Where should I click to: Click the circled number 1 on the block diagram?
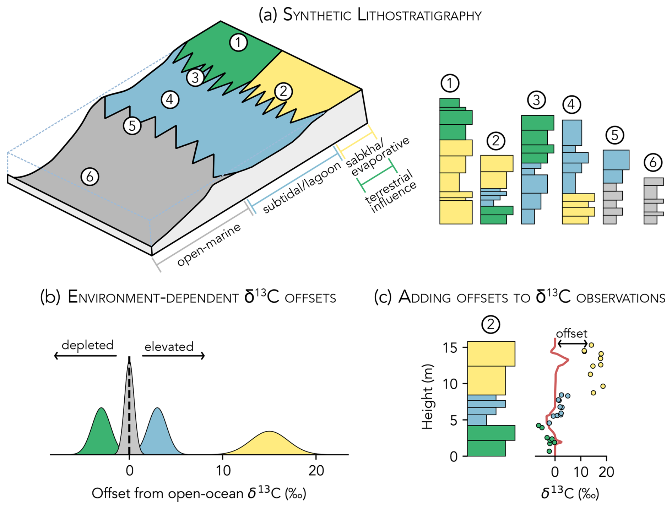[x=238, y=43]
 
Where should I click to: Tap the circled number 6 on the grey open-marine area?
[x=90, y=177]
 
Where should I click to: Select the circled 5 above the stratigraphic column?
[x=615, y=135]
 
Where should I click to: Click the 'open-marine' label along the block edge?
[x=209, y=245]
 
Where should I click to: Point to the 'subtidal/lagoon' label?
[x=302, y=188]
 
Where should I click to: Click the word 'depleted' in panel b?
[x=87, y=345]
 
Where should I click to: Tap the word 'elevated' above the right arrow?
[x=169, y=346]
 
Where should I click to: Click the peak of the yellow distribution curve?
[x=269, y=432]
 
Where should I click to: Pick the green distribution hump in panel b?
[x=102, y=433]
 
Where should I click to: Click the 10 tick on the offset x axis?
[x=223, y=471]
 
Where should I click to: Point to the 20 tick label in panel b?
[x=316, y=471]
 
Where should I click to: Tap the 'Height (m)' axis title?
[x=428, y=396]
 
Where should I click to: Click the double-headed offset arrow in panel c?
[x=572, y=343]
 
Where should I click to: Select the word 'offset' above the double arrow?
[x=571, y=334]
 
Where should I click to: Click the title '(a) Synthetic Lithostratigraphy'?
[x=370, y=15]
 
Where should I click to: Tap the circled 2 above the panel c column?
[x=491, y=324]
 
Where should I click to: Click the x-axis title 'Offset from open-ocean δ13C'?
[x=199, y=493]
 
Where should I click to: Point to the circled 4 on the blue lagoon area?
[x=170, y=100]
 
